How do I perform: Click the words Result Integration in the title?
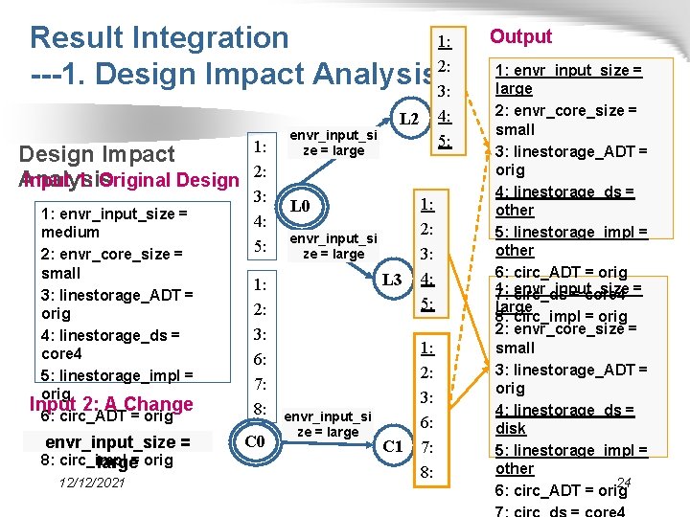159,37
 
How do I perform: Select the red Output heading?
520,36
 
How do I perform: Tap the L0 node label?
299,206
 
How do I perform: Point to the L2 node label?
408,118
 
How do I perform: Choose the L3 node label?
391,281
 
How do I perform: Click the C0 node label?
254,441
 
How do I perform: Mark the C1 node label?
392,446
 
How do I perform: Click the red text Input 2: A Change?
111,404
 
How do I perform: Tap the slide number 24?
624,483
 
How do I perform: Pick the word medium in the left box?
70,232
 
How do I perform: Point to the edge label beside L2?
333,143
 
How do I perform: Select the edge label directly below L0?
333,246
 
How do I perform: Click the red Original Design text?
169,180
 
